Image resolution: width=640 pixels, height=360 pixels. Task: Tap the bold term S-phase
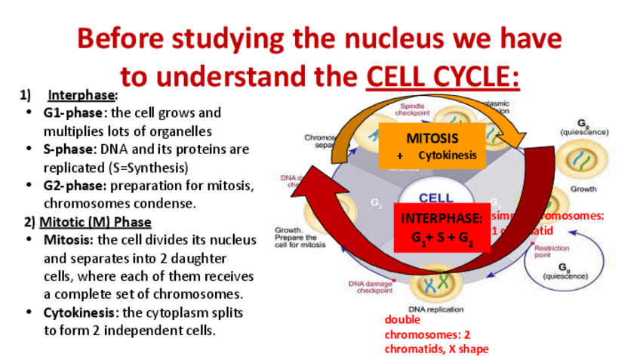(69, 149)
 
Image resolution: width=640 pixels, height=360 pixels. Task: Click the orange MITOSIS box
(432, 146)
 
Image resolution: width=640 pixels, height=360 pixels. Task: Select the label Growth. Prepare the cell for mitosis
(300, 238)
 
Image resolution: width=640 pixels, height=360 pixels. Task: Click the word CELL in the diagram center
(436, 198)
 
